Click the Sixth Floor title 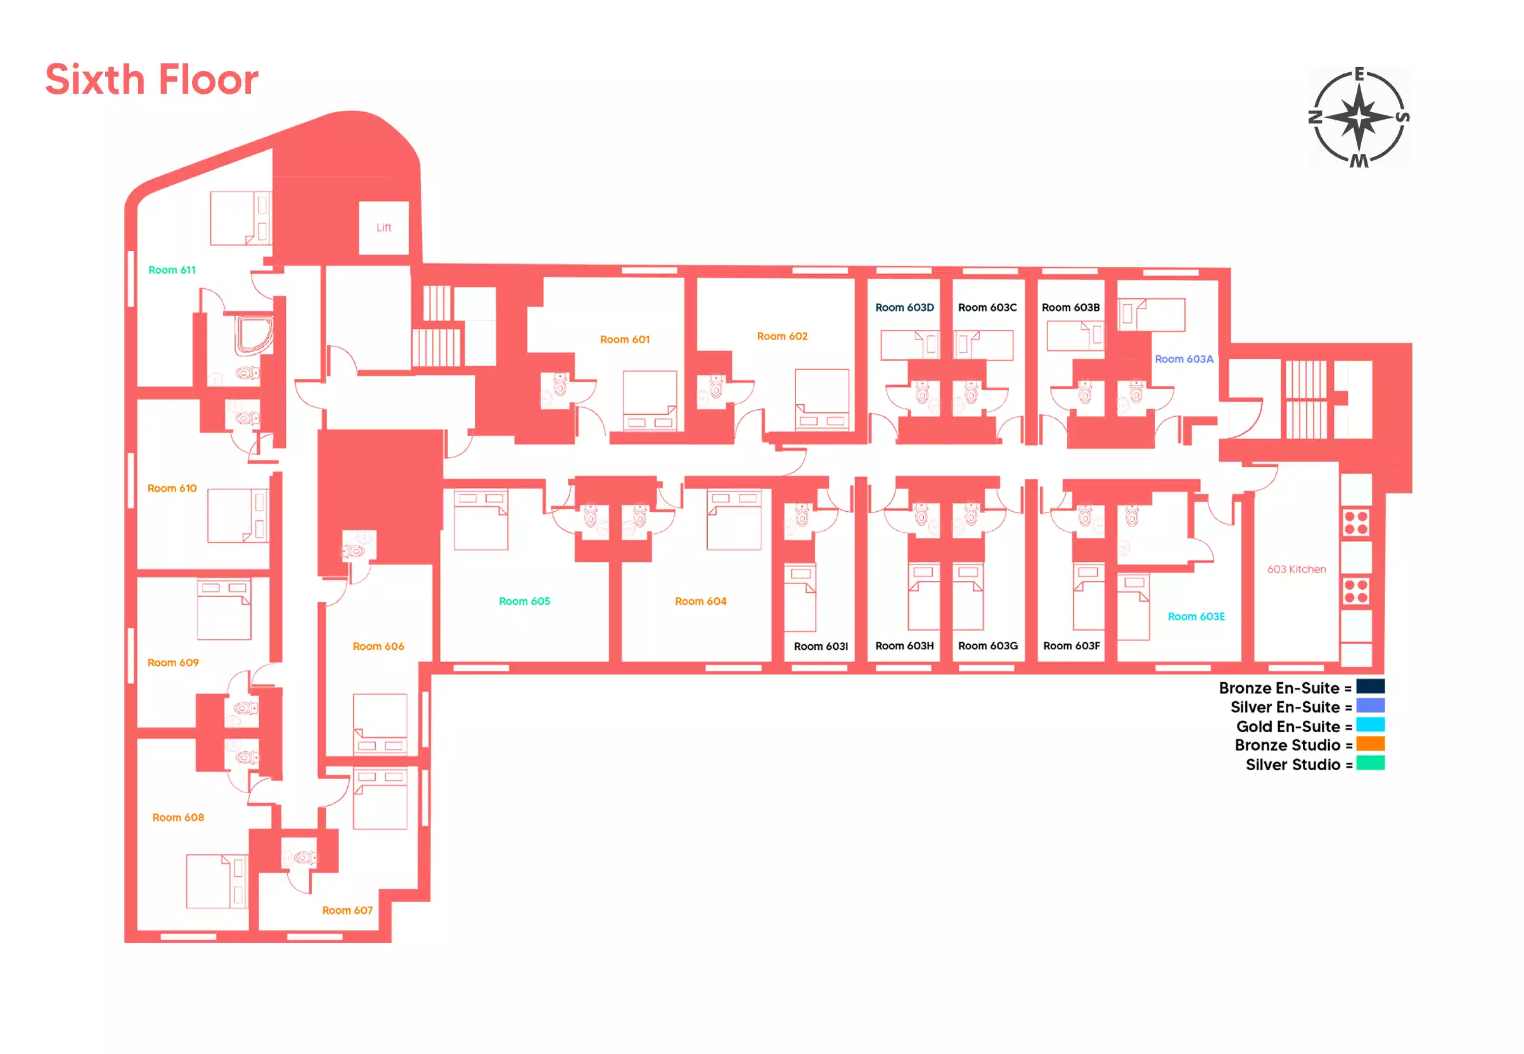tap(151, 80)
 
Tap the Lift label tap(384, 228)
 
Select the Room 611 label tap(172, 270)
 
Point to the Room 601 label tap(624, 340)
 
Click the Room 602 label tap(782, 336)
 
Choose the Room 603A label tap(1184, 359)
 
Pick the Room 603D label tap(904, 308)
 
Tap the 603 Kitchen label tap(1296, 569)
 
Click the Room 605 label tap(524, 601)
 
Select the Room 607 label tap(347, 910)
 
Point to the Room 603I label tap(821, 647)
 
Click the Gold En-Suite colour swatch tap(1370, 725)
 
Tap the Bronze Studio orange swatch tap(1370, 744)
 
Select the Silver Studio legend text tap(1293, 765)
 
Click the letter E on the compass tap(1359, 75)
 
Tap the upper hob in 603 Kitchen tap(1355, 523)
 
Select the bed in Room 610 tap(238, 516)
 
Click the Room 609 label tap(172, 663)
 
